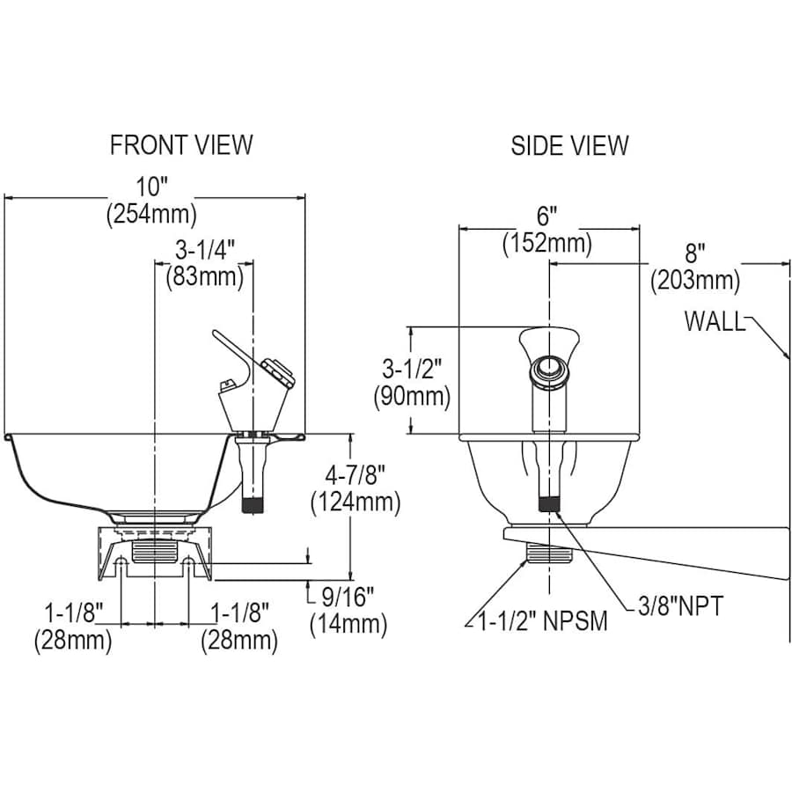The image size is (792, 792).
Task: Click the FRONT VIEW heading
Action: click(181, 144)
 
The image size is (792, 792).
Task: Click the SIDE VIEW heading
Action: click(570, 144)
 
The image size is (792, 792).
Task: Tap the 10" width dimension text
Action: click(150, 187)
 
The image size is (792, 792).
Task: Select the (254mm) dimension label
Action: click(150, 214)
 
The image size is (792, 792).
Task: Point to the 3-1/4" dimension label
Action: click(204, 251)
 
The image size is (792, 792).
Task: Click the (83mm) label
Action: click(204, 277)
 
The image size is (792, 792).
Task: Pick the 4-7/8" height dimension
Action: click(355, 476)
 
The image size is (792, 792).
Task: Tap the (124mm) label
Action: click(355, 503)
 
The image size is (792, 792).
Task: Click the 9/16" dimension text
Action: click(348, 597)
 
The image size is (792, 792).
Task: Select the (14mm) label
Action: click(348, 624)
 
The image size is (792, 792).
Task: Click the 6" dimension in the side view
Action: click(547, 216)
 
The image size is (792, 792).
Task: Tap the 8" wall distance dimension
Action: click(695, 254)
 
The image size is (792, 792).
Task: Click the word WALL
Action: click(714, 321)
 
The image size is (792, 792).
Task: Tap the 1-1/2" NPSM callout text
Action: click(542, 621)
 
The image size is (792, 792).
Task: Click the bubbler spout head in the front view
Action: click(275, 370)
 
